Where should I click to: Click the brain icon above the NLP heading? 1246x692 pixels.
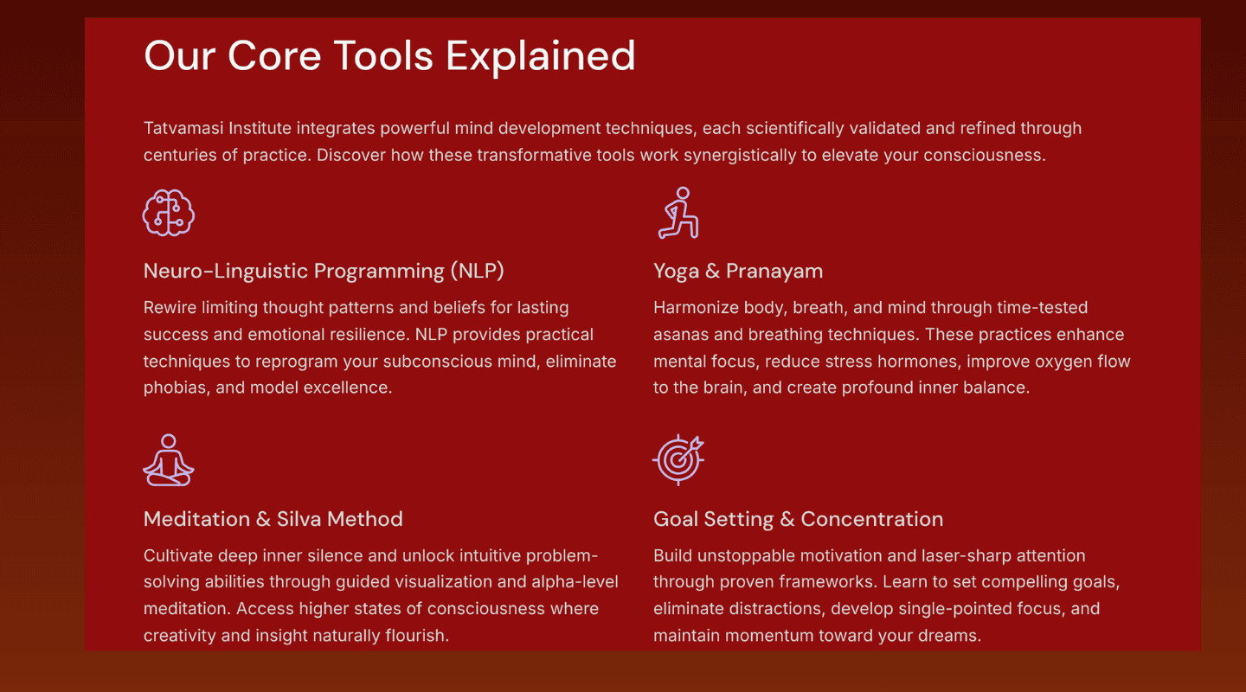169,213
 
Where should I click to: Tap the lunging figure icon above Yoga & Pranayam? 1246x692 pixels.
678,213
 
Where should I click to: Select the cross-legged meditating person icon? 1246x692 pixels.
169,460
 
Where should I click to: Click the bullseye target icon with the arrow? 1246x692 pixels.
678,460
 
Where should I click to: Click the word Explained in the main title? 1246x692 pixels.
541,57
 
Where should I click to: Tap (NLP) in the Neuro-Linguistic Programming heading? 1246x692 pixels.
478,271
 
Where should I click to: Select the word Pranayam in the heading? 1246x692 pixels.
774,272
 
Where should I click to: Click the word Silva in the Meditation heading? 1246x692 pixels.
299,519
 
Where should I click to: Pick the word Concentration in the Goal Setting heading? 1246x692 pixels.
871,519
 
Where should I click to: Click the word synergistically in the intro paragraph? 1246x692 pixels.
740,155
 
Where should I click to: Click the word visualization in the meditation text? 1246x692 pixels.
443,582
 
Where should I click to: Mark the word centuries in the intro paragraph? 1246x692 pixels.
180,155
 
